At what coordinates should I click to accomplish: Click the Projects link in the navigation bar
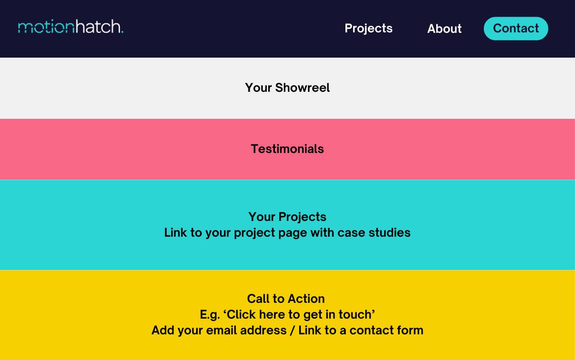tap(368, 28)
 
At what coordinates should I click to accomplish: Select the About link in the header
tap(444, 28)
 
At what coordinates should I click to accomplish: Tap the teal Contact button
tap(516, 28)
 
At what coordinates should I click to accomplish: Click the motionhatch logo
tap(71, 27)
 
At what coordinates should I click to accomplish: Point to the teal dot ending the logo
tap(122, 31)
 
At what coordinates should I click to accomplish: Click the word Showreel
tap(302, 88)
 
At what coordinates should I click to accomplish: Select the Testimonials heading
tap(287, 149)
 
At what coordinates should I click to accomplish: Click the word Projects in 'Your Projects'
tap(302, 217)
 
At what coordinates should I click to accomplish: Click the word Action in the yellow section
tap(306, 299)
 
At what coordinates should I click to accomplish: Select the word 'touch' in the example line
tap(355, 315)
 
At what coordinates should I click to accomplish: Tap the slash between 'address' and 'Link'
tap(292, 330)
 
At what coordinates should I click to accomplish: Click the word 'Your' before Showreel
tap(258, 88)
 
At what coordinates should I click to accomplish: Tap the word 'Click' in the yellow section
tap(241, 315)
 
